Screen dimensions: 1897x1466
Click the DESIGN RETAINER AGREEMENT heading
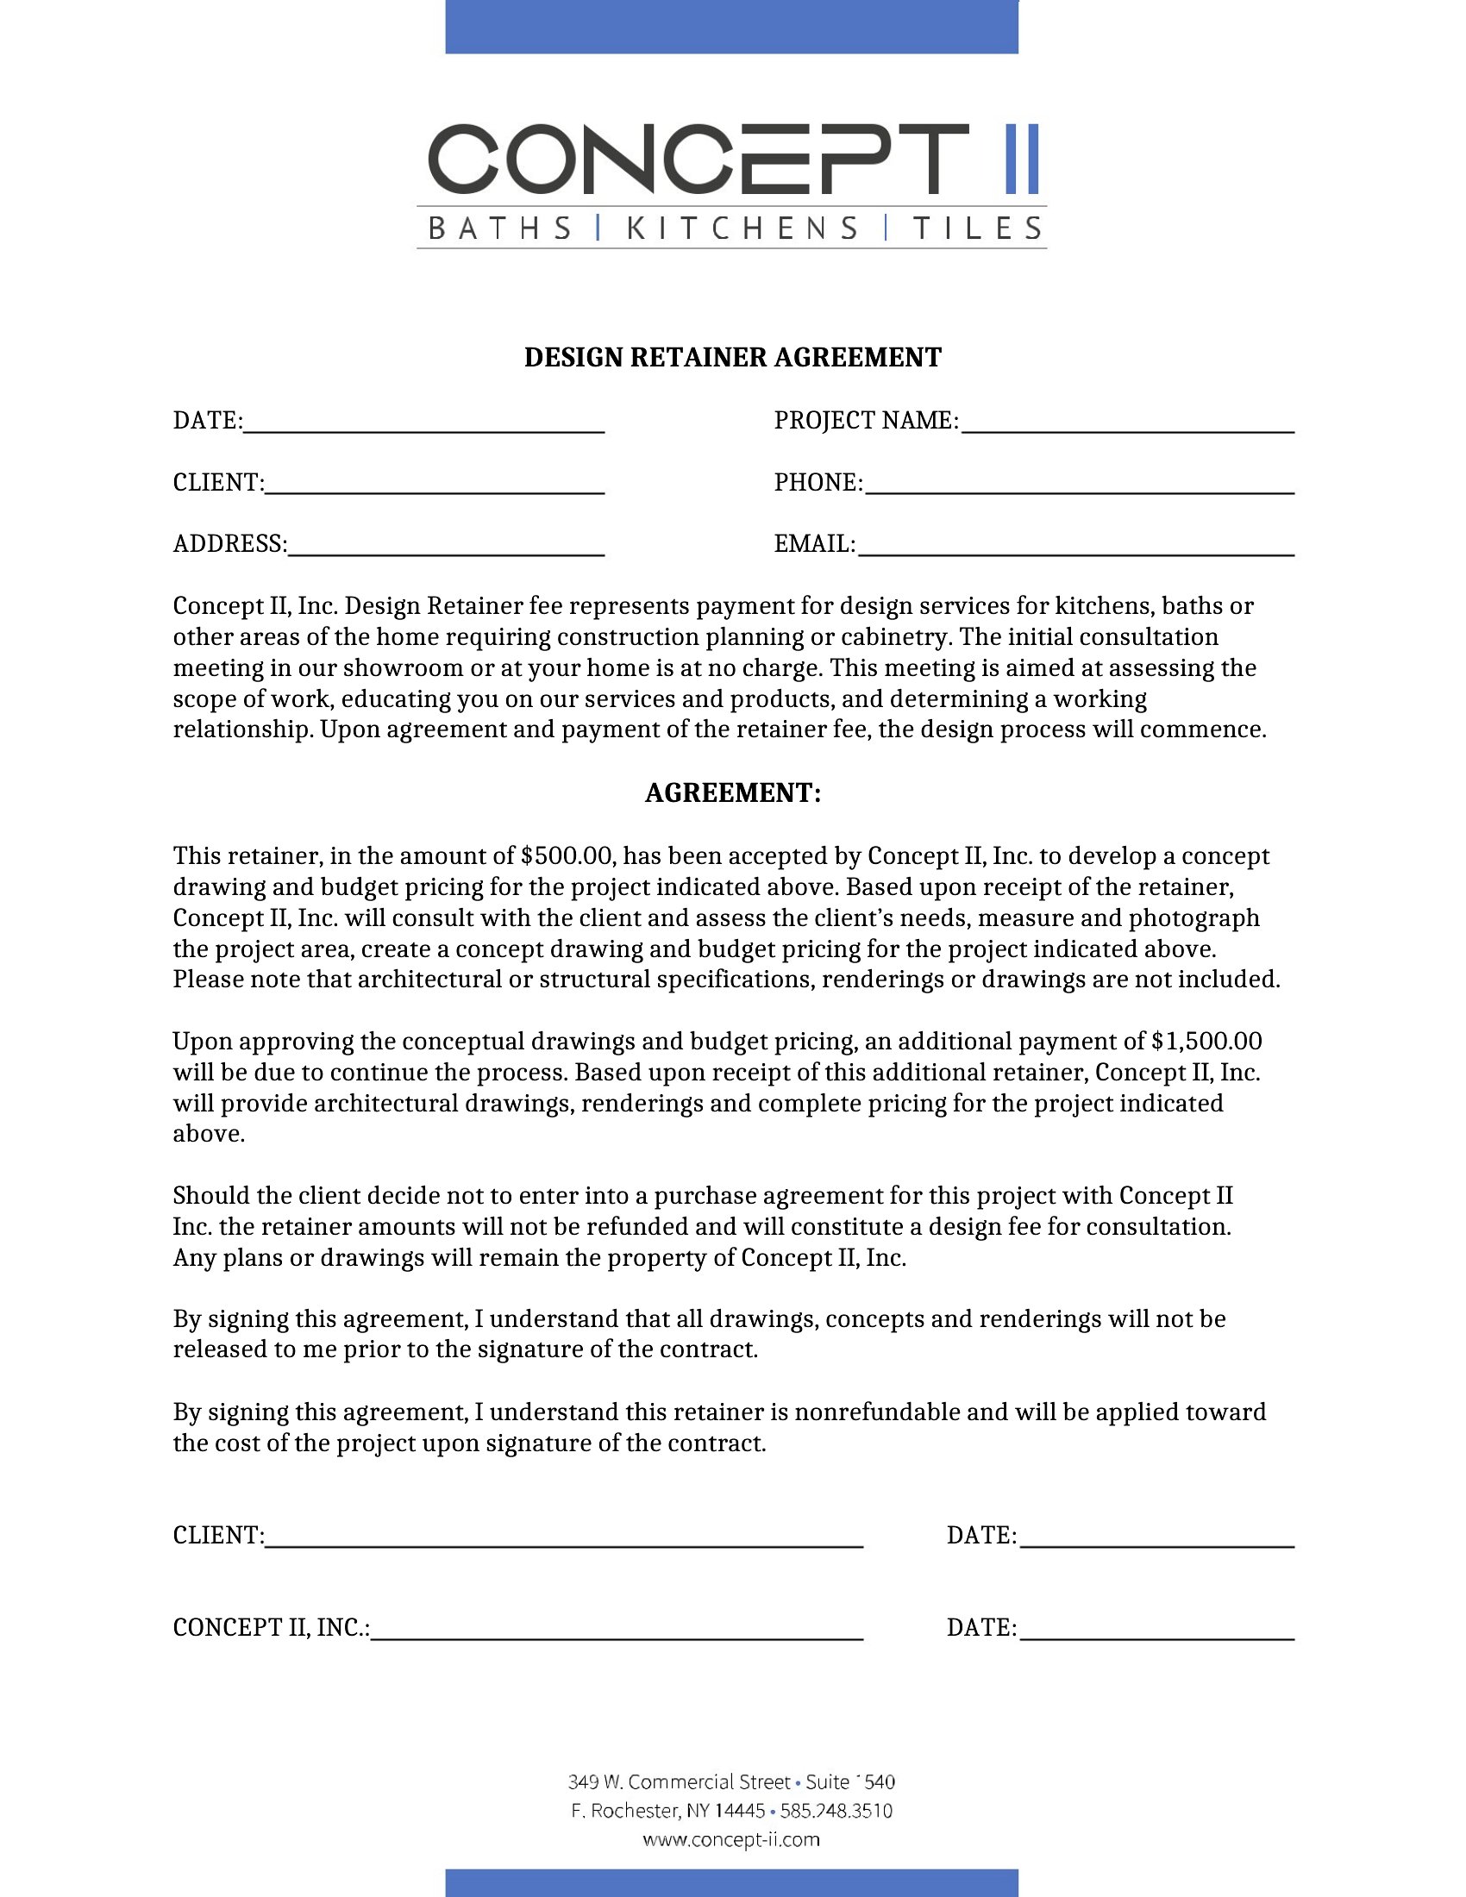(732, 358)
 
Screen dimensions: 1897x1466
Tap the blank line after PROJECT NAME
(1127, 423)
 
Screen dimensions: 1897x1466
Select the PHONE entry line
(1080, 485)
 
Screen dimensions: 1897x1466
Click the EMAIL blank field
(1075, 547)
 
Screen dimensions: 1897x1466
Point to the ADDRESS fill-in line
(446, 547)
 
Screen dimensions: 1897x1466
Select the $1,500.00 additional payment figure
(1206, 1042)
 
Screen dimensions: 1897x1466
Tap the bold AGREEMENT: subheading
(732, 793)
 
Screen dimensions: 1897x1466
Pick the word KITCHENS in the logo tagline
(742, 229)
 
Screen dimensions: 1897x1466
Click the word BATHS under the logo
(501, 229)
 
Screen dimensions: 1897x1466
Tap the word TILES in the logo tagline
(977, 229)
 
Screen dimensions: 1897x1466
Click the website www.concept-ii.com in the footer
(731, 1839)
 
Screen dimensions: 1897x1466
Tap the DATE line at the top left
(423, 423)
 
